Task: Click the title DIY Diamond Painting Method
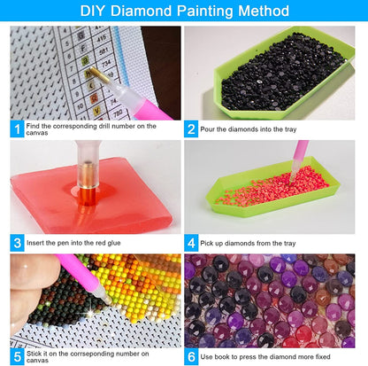click(184, 12)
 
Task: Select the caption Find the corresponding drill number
click(88, 129)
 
